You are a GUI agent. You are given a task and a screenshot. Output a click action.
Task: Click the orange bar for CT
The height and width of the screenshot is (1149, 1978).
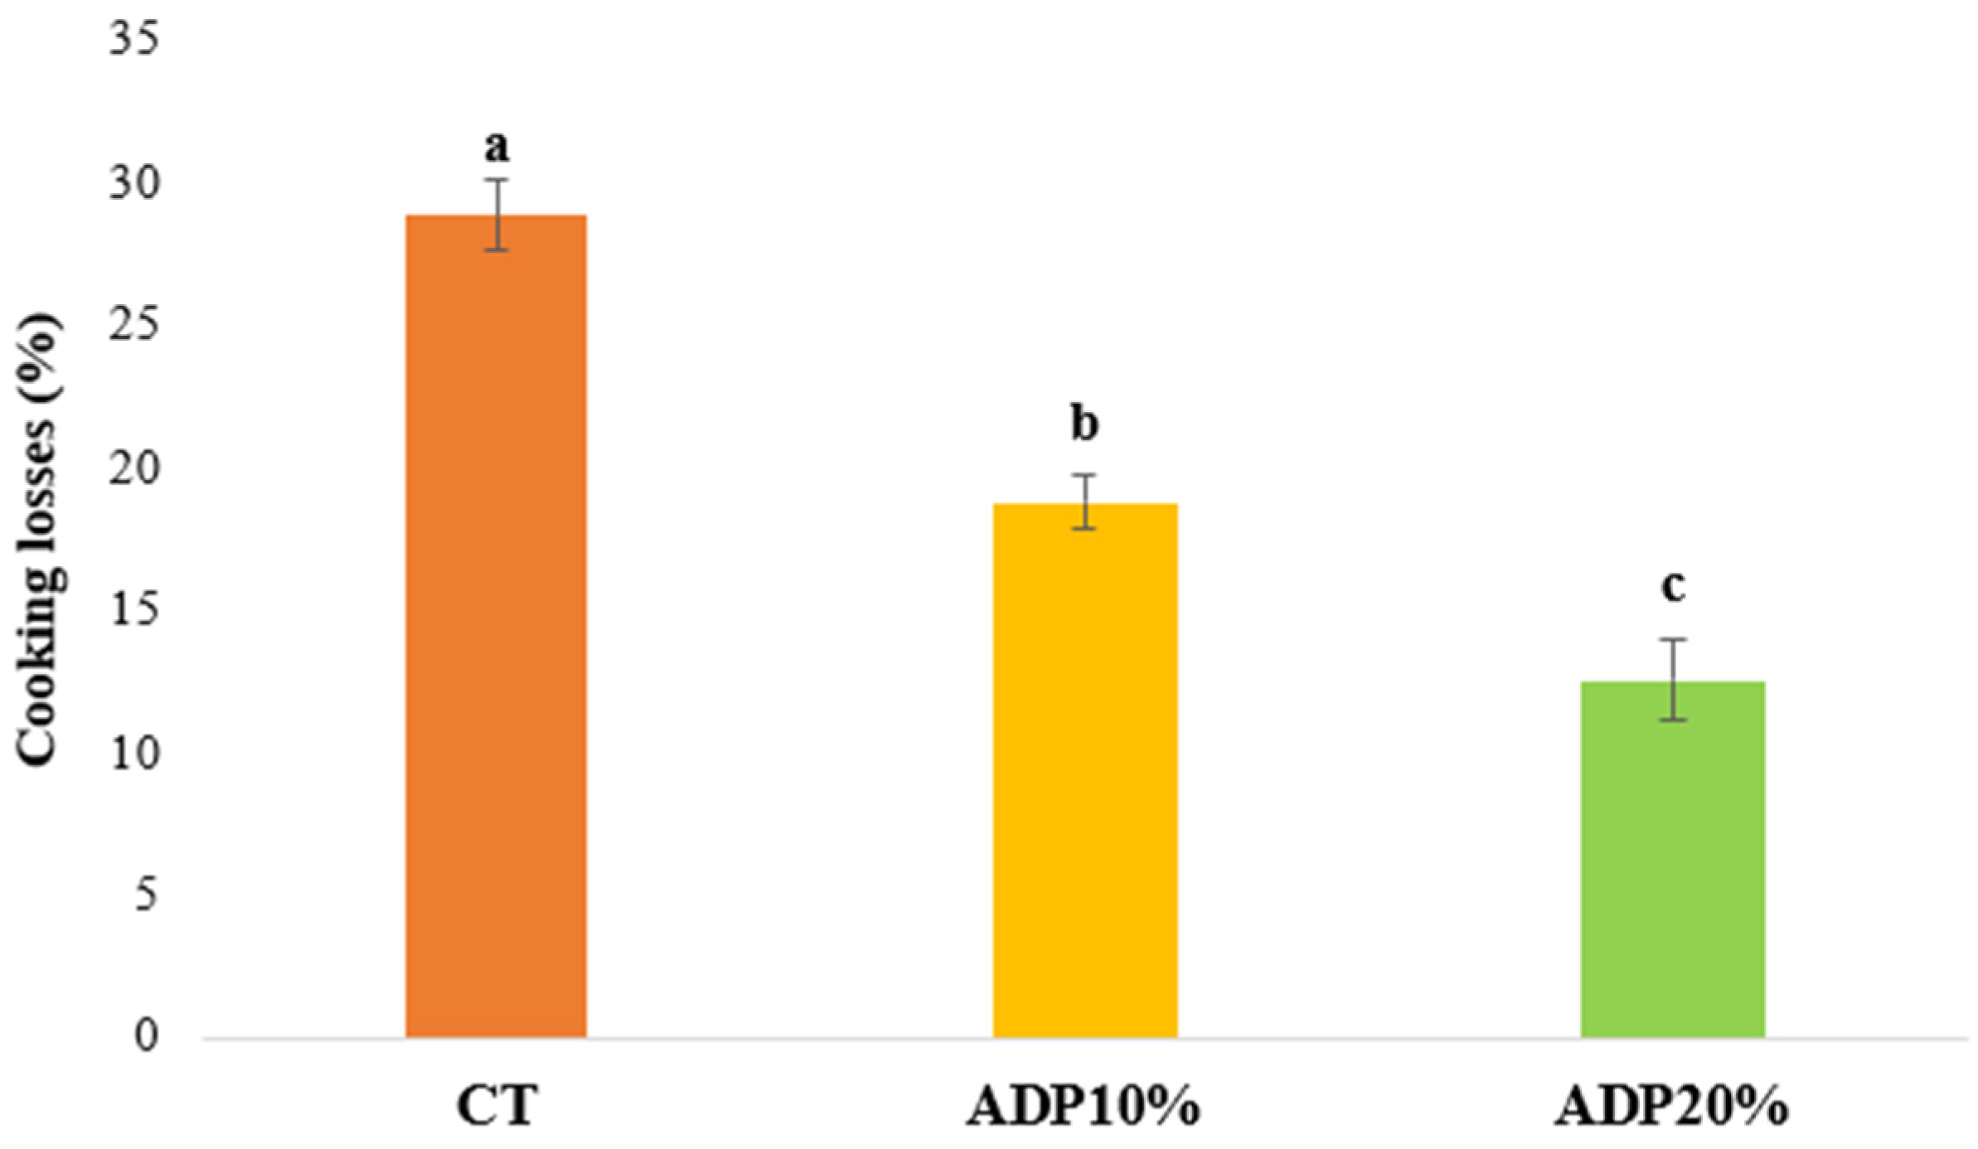pyautogui.click(x=496, y=626)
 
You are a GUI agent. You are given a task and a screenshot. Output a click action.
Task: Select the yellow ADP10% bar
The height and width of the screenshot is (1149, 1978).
pyautogui.click(x=1085, y=770)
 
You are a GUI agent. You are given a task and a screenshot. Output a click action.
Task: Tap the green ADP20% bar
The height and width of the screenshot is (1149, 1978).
pyautogui.click(x=1673, y=860)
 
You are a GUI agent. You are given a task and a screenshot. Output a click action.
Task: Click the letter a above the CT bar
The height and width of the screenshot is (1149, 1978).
pyautogui.click(x=497, y=148)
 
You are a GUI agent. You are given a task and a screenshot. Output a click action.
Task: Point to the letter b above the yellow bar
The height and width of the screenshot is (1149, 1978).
pyautogui.click(x=1085, y=423)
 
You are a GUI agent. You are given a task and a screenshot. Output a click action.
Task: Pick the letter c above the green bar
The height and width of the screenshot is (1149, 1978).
pyautogui.click(x=1673, y=587)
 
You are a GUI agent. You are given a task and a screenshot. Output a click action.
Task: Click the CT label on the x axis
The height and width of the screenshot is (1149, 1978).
pyautogui.click(x=497, y=1105)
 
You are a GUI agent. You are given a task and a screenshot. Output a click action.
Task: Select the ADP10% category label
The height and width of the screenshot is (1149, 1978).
pyautogui.click(x=1084, y=1105)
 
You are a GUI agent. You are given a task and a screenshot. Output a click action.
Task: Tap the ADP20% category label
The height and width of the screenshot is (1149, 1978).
pyautogui.click(x=1671, y=1105)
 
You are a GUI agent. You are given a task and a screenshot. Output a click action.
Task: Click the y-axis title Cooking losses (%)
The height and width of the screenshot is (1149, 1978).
pyautogui.click(x=40, y=540)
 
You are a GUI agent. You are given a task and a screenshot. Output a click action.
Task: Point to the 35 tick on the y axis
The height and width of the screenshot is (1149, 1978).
pyautogui.click(x=133, y=39)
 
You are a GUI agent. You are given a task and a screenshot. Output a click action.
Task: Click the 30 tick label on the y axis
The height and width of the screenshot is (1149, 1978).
pyautogui.click(x=133, y=183)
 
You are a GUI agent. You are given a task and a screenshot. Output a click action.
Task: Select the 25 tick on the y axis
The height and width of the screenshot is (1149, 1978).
pyautogui.click(x=133, y=326)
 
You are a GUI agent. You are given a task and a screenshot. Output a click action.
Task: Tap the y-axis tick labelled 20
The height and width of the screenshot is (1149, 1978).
pyautogui.click(x=133, y=468)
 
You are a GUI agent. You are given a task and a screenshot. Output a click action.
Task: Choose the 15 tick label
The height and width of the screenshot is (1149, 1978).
pyautogui.click(x=133, y=611)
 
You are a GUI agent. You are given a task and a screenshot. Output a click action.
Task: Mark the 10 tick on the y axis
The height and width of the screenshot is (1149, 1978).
pyautogui.click(x=133, y=754)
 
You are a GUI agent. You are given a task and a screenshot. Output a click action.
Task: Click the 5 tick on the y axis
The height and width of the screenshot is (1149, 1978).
pyautogui.click(x=146, y=895)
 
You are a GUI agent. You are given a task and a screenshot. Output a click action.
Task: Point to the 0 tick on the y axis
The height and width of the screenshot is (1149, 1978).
pyautogui.click(x=146, y=1037)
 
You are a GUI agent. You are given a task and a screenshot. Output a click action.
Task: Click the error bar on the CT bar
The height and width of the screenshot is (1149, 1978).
pyautogui.click(x=497, y=215)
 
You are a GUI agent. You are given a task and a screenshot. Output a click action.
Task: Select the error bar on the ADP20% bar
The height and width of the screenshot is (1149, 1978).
pyautogui.click(x=1674, y=680)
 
